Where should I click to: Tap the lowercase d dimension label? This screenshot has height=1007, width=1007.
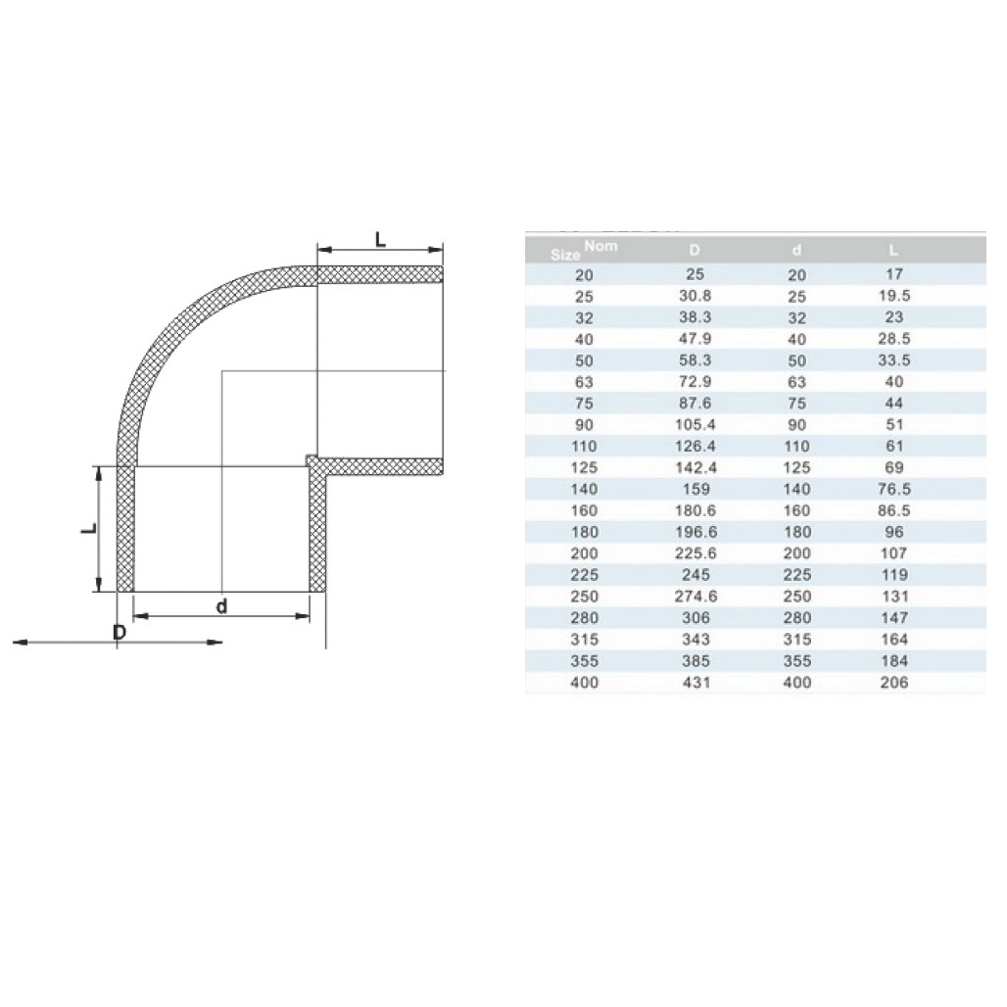pos(222,606)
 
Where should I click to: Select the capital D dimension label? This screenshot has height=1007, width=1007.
pos(119,632)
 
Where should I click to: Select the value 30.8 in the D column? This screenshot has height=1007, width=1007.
pos(695,296)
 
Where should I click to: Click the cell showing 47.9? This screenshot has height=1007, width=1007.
pos(695,339)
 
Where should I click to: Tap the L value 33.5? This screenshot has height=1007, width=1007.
pos(893,360)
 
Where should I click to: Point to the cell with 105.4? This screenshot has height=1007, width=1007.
pos(695,425)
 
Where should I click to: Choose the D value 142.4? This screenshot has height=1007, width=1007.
pos(695,468)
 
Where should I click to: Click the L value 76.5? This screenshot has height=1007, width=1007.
pos(893,490)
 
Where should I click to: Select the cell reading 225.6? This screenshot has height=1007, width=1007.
pos(695,554)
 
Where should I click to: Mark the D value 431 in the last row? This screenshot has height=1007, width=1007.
pos(695,683)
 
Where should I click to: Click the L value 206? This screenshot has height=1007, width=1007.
pos(893,683)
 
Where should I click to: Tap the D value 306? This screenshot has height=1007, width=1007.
pos(695,618)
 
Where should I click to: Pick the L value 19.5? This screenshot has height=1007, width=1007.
pos(893,296)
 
